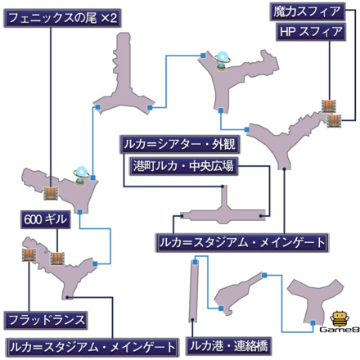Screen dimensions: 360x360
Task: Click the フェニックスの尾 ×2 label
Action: [62, 18]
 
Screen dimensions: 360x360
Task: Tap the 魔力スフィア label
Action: [308, 11]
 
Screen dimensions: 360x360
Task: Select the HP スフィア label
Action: [311, 32]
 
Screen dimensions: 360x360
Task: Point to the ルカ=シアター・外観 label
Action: [180, 144]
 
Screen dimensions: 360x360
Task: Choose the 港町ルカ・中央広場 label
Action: [183, 166]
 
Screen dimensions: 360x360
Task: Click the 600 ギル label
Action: [46, 219]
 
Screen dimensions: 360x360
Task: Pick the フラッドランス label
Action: [46, 320]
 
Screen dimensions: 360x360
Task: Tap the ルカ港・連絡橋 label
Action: [228, 346]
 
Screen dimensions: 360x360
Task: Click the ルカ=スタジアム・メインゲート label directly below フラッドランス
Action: [92, 348]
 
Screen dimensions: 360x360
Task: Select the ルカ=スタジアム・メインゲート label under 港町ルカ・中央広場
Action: [242, 243]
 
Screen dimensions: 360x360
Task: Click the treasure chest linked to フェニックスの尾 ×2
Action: [51, 193]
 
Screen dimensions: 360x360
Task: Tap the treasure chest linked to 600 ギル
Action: [57, 259]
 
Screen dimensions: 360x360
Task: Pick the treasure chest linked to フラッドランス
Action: [29, 255]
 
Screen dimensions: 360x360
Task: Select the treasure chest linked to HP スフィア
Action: [328, 106]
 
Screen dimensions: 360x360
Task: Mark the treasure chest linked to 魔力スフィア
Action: [334, 121]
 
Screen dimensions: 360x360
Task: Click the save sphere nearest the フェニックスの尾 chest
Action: [81, 176]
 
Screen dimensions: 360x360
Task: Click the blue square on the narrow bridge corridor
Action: [196, 262]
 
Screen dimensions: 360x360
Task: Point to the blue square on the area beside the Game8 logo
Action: [313, 323]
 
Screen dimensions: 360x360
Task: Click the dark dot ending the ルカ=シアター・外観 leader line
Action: [223, 187]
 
